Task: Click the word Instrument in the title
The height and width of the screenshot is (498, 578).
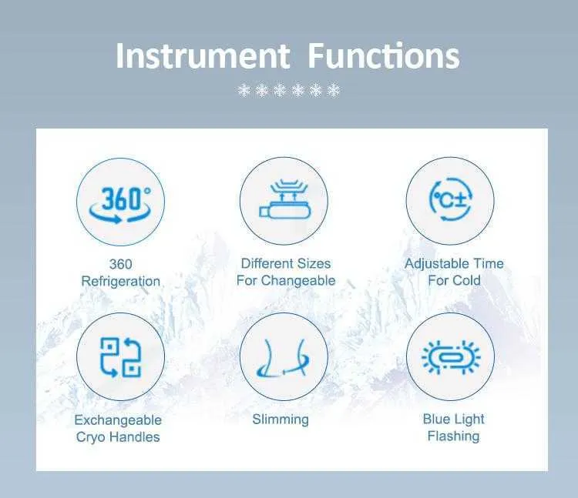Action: click(203, 56)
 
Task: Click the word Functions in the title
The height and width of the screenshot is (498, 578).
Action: click(384, 56)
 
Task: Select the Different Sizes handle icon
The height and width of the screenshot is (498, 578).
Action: click(284, 199)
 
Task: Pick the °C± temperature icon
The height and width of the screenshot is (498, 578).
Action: click(450, 199)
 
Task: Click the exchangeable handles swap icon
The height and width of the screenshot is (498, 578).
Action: click(120, 357)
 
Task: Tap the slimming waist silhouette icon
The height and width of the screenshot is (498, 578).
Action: click(283, 358)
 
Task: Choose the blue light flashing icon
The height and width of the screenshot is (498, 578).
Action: click(451, 357)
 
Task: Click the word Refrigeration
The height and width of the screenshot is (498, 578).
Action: click(120, 281)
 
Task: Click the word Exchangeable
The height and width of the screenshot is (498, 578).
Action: click(118, 420)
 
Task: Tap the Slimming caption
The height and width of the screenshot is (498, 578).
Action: click(281, 419)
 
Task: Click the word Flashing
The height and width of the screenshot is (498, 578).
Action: click(453, 436)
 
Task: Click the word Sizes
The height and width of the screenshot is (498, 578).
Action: click(314, 263)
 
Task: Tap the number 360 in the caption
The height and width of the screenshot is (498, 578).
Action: click(120, 264)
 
